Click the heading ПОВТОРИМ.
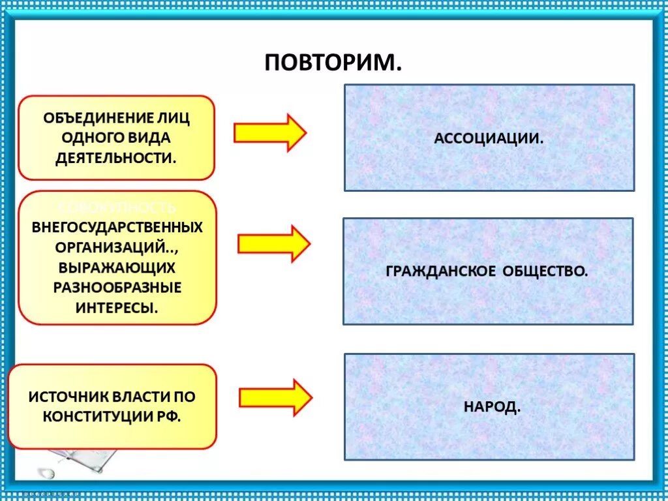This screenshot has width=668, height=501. point(333,63)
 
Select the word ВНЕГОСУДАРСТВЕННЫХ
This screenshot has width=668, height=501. point(117,228)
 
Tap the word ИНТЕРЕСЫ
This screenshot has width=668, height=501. point(115,307)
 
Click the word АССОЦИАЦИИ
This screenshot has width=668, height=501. point(489,138)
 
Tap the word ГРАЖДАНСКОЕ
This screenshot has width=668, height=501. point(440,271)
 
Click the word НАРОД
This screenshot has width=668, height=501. point(492,407)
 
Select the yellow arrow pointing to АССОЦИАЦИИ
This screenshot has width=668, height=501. point(269,132)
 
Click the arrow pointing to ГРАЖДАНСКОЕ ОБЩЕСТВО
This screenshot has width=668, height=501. point(273,244)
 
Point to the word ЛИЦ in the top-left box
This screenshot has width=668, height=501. point(175,118)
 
